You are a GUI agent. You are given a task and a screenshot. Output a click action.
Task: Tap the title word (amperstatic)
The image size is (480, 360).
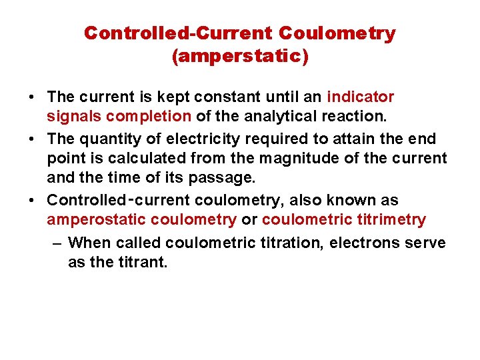240,57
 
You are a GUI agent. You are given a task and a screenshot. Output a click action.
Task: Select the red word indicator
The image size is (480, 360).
361,97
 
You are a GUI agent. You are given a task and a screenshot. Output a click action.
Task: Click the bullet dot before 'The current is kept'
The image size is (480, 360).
32,97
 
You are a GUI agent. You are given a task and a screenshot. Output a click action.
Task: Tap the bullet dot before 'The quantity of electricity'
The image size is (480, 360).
32,139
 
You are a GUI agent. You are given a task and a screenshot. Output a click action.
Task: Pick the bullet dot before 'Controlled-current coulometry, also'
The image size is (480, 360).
32,200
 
